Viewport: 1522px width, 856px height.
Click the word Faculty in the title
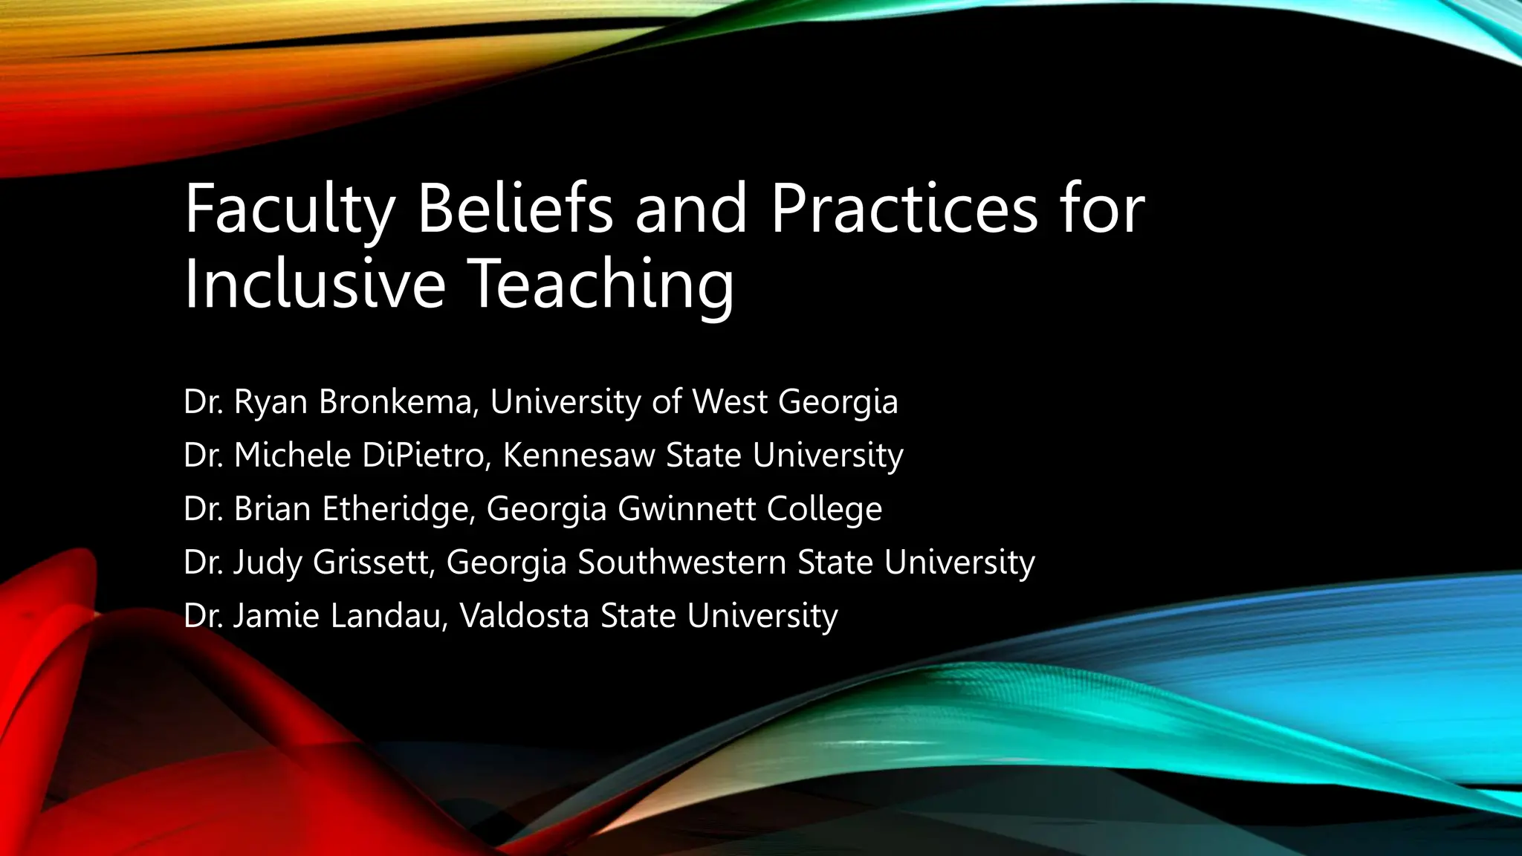pos(289,210)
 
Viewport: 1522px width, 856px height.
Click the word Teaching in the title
pos(602,285)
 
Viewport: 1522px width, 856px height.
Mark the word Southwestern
pos(681,562)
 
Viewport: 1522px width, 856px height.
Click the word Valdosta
pos(524,616)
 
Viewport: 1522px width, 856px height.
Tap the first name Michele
pos(292,455)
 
